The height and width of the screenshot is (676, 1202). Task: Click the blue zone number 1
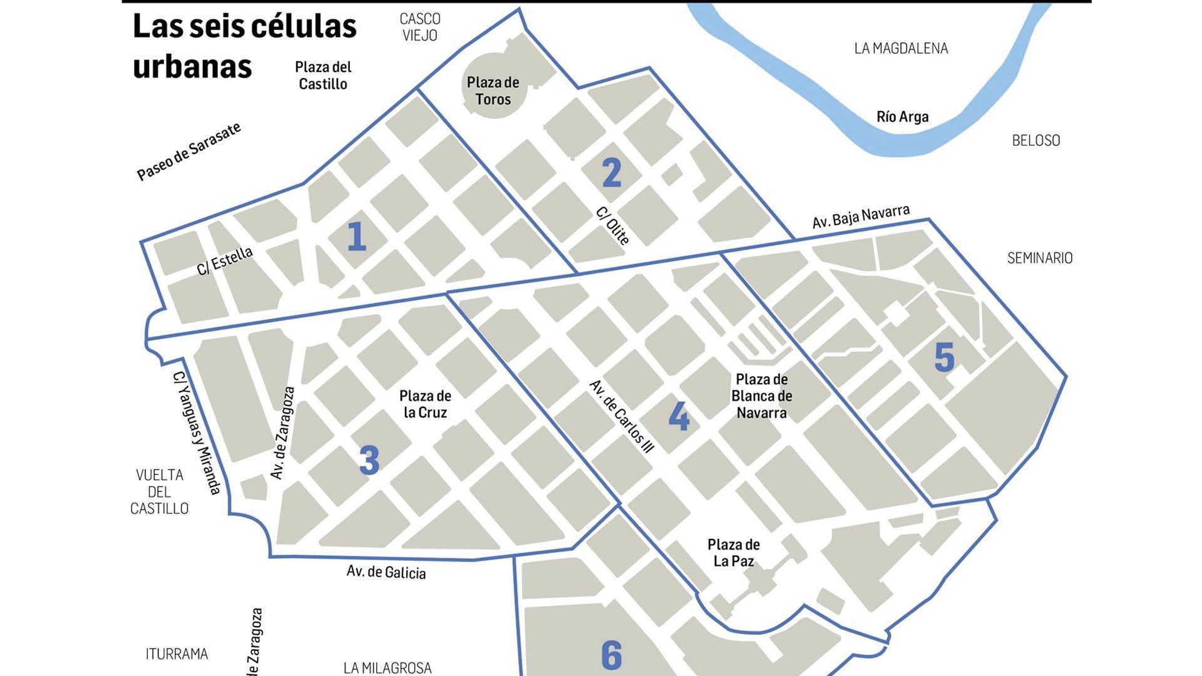point(356,237)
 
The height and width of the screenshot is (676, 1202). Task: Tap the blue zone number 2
point(612,173)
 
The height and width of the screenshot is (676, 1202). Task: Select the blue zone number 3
point(369,461)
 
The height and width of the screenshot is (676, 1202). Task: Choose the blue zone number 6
point(612,655)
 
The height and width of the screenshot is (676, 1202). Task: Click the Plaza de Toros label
point(493,91)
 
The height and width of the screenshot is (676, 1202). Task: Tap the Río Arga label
point(902,116)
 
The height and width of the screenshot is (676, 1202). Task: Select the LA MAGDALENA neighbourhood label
point(901,48)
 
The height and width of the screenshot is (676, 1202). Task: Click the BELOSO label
point(1036,140)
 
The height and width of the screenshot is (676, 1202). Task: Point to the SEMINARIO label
point(1040,258)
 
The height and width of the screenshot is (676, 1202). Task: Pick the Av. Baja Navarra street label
point(861,217)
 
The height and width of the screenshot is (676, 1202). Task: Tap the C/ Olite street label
point(613,226)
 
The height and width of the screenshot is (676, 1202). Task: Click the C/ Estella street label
point(225,260)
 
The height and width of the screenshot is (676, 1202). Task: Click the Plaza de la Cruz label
point(425,404)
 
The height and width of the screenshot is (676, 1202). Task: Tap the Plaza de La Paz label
point(734,553)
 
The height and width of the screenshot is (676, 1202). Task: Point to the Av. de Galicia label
point(386,572)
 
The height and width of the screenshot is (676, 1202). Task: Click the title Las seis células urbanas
point(244,46)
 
